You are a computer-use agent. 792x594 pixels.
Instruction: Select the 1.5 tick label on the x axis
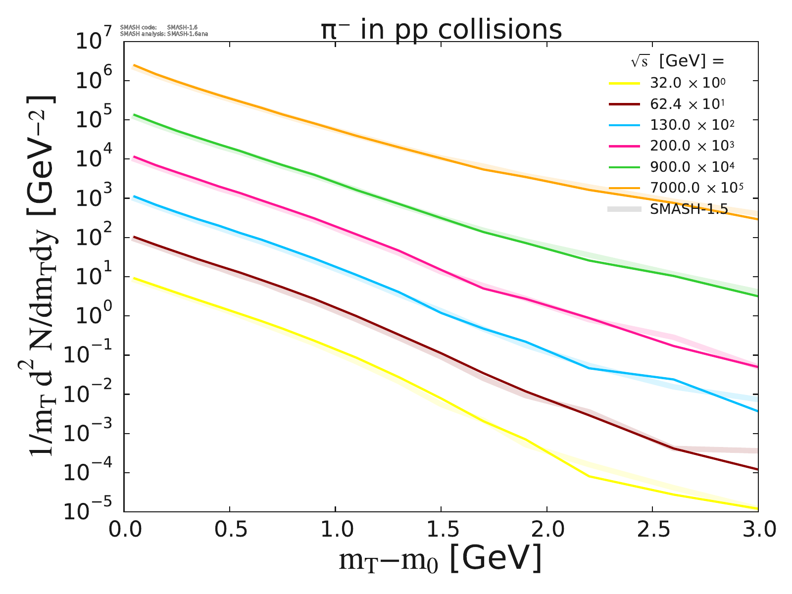click(441, 530)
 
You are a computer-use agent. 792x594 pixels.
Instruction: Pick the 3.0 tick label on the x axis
click(757, 530)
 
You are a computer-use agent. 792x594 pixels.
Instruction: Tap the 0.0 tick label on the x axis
click(124, 530)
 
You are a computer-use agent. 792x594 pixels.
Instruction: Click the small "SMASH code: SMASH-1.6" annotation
click(159, 27)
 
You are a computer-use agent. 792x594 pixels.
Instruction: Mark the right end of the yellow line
click(757, 508)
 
